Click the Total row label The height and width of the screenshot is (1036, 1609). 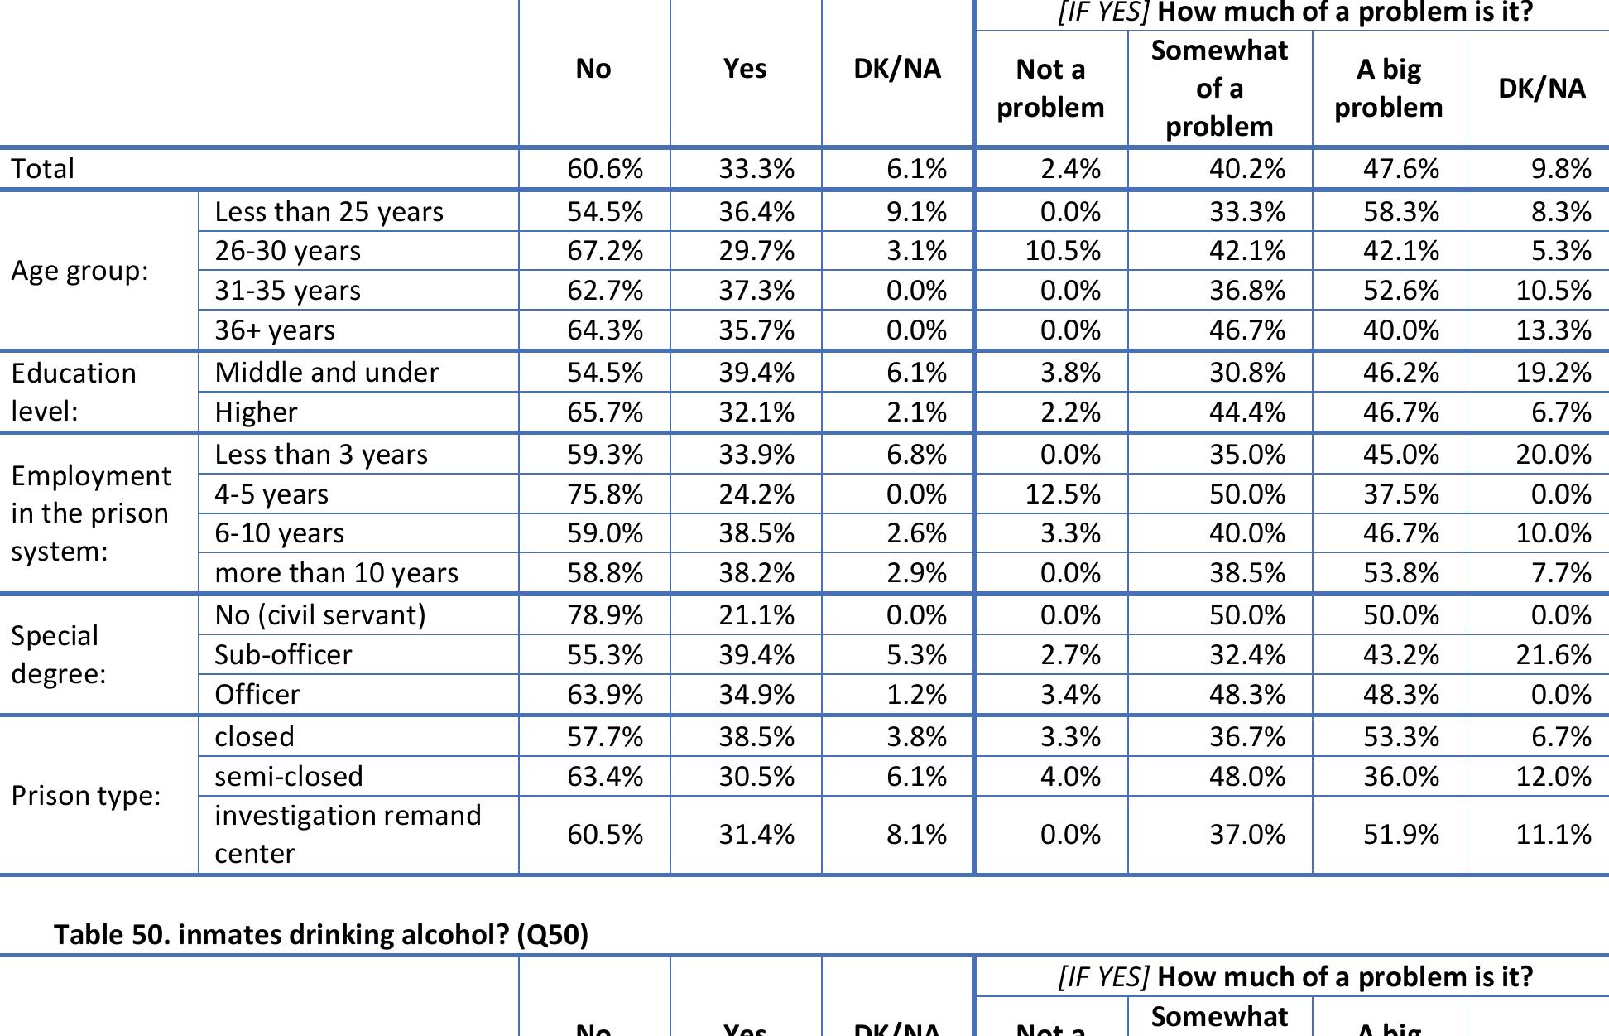coord(43,169)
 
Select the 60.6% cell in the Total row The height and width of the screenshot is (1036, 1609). coord(604,169)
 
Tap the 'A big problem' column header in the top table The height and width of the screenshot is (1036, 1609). coord(1388,88)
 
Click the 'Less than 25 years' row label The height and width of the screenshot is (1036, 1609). coord(329,212)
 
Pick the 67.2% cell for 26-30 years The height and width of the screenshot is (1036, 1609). coord(604,251)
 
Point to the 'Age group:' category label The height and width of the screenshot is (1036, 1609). coord(79,271)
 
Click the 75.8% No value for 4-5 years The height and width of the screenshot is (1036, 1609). coord(604,494)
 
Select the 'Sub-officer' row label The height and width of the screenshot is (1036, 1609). coord(283,655)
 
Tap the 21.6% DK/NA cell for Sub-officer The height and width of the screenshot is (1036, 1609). coord(1553,655)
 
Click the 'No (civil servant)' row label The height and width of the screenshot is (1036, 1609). coord(319,615)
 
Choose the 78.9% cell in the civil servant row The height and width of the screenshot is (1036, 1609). coord(604,615)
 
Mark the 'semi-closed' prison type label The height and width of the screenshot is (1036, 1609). coord(288,777)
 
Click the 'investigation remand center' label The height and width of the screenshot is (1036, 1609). coord(347,834)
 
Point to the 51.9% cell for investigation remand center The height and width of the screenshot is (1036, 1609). coord(1400,834)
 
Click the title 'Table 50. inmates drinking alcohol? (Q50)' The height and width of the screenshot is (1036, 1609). coord(321,934)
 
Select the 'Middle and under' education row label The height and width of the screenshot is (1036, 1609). coord(326,373)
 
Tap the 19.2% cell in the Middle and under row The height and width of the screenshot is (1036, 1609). coord(1553,373)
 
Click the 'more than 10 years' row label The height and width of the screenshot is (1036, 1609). coord(336,573)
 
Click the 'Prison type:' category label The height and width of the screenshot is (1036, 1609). coord(85,796)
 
